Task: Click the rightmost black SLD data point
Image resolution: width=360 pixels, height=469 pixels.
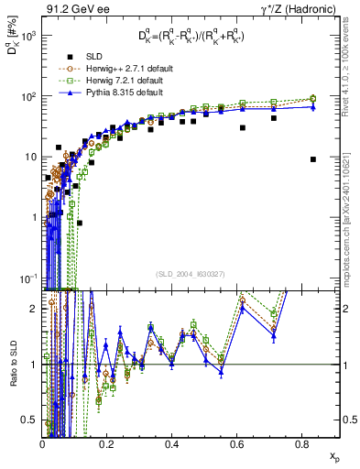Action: coord(313,159)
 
